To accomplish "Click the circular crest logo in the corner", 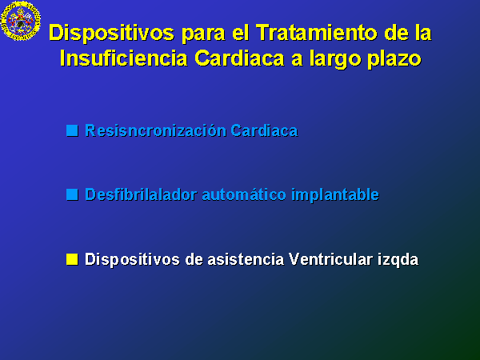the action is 21,21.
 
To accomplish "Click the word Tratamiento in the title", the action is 317,33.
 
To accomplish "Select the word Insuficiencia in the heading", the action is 123,58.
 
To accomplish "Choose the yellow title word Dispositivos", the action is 111,34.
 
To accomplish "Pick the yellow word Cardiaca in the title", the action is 239,58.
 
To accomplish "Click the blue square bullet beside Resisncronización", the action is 72,130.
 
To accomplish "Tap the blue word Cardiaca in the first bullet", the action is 264,130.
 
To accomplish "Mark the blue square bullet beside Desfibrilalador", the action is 72,194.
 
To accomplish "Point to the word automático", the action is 244,194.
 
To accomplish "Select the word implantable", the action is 335,195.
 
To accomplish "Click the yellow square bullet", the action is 72,259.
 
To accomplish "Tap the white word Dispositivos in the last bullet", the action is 132,260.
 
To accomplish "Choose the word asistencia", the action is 246,259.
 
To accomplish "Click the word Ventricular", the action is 331,259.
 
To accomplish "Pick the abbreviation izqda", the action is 398,260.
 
